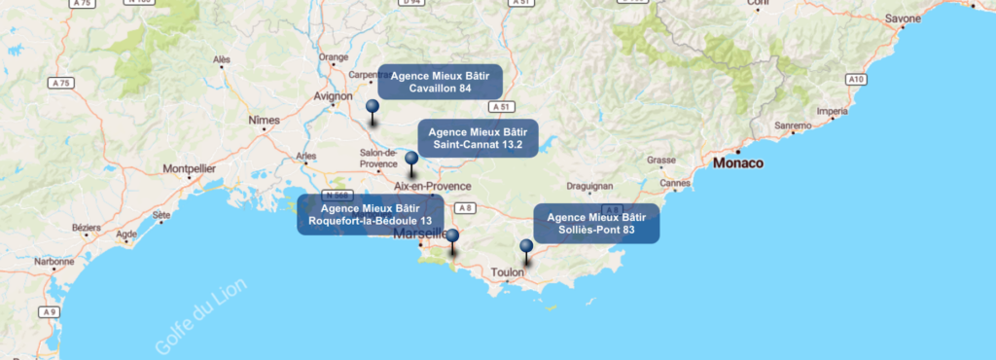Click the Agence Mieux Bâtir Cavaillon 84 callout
pos(440,82)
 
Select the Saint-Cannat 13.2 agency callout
pos(477,138)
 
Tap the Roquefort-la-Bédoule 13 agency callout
pos(370,214)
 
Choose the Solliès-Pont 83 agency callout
pos(596,224)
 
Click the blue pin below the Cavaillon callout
pos(372,108)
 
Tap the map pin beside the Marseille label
pos(452,236)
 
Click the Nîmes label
pos(264,120)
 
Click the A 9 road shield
pos(50,312)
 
